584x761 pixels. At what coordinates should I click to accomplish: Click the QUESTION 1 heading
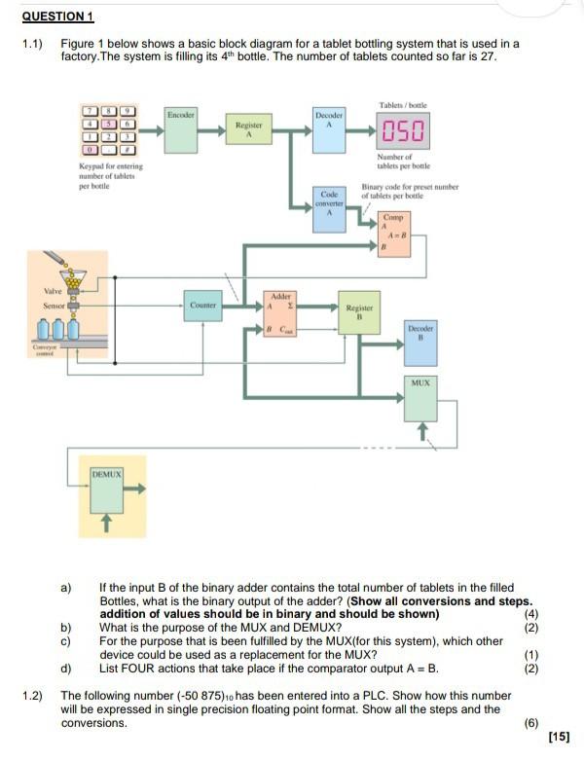tap(57, 17)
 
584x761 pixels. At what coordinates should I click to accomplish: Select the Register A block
tap(247, 131)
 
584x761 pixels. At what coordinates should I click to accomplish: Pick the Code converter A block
tap(329, 207)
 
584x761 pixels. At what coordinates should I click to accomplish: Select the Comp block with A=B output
tap(394, 233)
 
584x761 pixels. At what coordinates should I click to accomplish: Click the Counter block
tap(202, 306)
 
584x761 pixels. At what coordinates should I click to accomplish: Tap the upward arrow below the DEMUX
tap(108, 525)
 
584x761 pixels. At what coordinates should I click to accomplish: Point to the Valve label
tap(53, 291)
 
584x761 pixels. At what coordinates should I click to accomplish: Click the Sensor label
tap(54, 306)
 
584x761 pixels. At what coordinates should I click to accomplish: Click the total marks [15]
tap(559, 736)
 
